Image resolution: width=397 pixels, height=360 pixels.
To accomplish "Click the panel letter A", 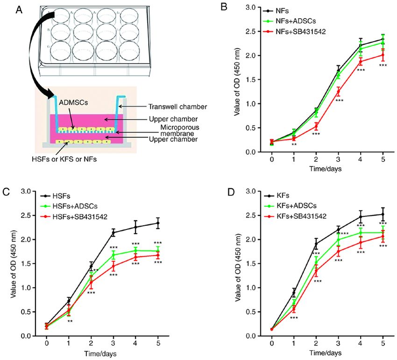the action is pos(19,10).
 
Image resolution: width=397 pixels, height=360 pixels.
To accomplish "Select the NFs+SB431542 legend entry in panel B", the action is pos(294,32).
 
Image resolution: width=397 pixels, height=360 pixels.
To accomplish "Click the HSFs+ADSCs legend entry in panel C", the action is pos(69,206).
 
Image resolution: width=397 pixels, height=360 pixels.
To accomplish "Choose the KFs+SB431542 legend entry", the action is pos(295,216).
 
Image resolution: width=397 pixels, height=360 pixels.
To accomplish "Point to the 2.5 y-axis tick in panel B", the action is pos(251,31).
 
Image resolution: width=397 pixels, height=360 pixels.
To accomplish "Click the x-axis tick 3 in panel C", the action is pos(113,344).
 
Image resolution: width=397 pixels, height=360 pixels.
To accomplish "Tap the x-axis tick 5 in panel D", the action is pos(383,344).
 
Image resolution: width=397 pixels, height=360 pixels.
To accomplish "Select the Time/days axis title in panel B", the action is pos(326,169).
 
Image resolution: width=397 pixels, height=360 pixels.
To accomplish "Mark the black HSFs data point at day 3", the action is pos(113,232).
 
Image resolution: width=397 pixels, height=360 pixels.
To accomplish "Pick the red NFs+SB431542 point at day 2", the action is pos(316,126).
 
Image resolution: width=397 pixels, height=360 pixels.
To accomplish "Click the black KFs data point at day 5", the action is pos(383,214).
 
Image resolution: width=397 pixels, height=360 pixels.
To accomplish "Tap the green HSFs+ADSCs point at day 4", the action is pos(135,251).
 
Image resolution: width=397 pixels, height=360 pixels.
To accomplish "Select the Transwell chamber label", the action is pos(177,107).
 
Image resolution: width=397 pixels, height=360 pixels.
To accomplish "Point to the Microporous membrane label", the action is pos(180,130).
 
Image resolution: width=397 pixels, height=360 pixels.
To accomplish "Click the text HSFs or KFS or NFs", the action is pos(64,159).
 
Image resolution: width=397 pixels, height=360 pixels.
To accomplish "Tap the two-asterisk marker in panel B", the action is pos(294,144).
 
